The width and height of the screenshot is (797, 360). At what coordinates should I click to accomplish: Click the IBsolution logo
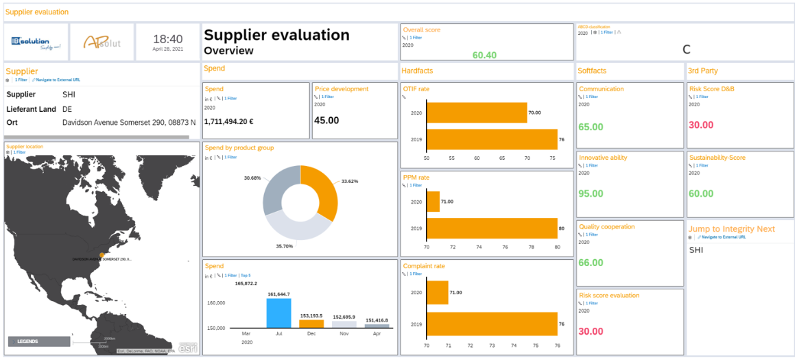point(36,43)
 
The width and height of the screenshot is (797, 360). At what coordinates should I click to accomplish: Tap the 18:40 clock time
point(167,39)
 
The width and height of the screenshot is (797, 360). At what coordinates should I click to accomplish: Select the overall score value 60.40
point(484,55)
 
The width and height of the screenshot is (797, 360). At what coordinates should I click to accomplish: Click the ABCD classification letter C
point(687,49)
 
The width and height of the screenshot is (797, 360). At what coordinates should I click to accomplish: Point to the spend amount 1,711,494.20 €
point(229,121)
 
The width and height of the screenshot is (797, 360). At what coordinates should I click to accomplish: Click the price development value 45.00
point(326,121)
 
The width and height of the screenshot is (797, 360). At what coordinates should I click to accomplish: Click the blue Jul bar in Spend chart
point(278,313)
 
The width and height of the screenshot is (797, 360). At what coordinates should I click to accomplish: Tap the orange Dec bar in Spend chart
point(311,324)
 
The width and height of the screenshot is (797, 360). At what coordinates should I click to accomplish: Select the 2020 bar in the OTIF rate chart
point(477,112)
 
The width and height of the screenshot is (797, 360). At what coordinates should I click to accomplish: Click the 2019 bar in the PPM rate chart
point(492,228)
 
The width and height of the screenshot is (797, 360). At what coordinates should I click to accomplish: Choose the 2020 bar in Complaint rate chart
point(437,292)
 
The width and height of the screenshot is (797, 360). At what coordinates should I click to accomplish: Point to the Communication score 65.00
point(591,127)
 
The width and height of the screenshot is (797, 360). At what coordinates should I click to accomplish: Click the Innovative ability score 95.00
point(591,194)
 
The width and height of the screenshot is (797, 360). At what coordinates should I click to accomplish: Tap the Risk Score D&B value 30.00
point(700,125)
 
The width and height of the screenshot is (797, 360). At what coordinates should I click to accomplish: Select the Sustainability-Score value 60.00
point(700,194)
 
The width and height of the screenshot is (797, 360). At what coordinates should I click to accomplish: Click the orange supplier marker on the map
point(102,255)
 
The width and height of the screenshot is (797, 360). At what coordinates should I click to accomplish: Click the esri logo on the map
point(188,348)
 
